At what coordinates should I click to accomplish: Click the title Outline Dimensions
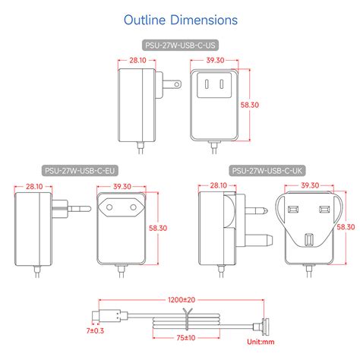(x=180, y=19)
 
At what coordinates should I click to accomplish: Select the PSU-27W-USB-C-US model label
(x=180, y=46)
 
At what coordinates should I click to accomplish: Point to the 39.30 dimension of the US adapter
(x=215, y=60)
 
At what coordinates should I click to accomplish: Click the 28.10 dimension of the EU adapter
(x=34, y=185)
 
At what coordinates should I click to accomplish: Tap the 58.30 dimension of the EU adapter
(x=158, y=227)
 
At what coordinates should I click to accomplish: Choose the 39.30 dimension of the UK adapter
(x=309, y=185)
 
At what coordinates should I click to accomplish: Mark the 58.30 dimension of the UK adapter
(x=345, y=226)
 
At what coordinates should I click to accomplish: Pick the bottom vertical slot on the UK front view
(x=309, y=241)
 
